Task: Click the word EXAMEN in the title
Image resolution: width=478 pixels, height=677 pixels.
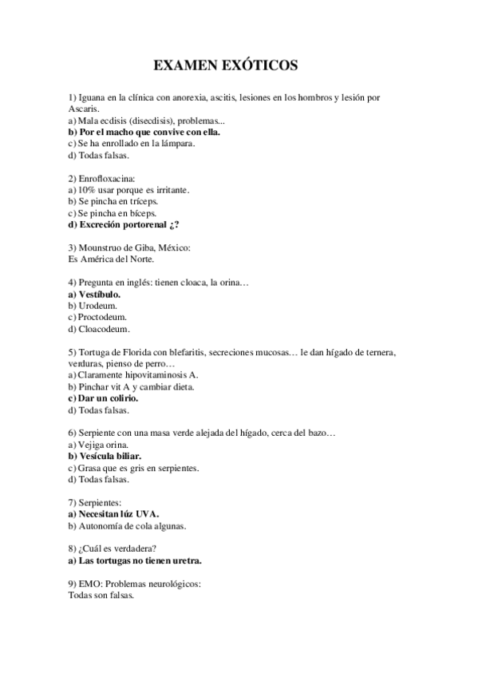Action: [183, 63]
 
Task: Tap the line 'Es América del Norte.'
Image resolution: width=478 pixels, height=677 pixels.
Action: [112, 259]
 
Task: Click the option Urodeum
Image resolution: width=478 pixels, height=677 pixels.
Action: [97, 306]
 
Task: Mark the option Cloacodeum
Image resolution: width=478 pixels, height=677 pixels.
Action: [103, 329]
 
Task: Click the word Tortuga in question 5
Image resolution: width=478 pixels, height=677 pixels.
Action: [95, 352]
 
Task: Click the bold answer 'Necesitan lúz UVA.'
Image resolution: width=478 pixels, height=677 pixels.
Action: [114, 514]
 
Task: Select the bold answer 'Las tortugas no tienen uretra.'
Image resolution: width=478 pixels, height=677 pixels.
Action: [135, 560]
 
